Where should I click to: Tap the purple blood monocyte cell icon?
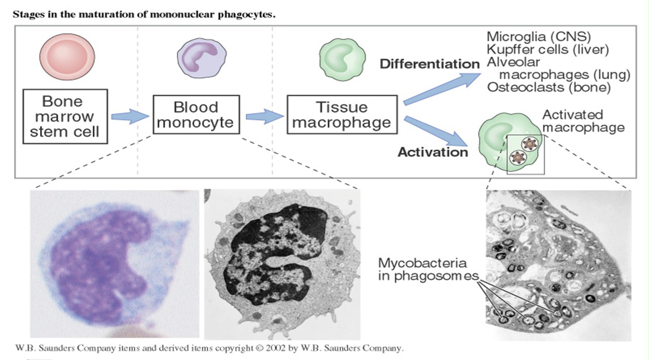197,59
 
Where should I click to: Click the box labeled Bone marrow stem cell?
65,117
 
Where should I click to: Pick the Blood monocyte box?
196,114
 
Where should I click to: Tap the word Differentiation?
429,64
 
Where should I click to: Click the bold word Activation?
433,152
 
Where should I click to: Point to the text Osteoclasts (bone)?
549,87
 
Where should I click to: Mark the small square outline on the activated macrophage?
525,154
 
